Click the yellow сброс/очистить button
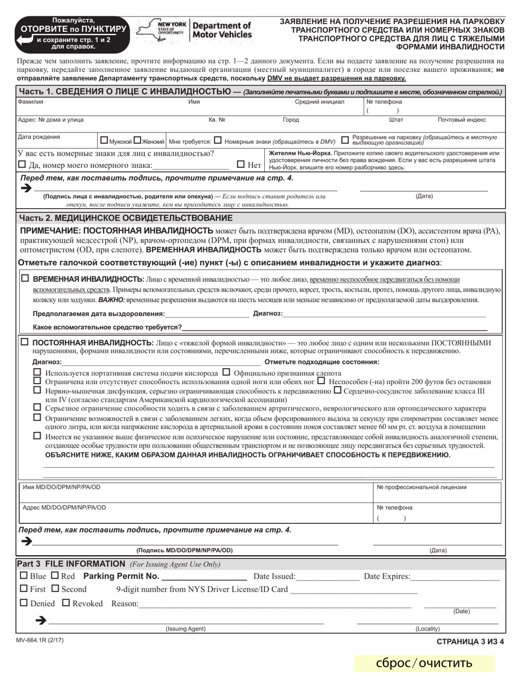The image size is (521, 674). [x=424, y=663]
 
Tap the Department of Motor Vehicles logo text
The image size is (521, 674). [x=222, y=30]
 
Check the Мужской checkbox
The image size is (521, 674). [x=104, y=140]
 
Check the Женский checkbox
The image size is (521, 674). [x=137, y=140]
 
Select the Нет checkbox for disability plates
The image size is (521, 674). [x=241, y=164]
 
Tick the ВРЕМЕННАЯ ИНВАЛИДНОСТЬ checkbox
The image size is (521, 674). [x=25, y=279]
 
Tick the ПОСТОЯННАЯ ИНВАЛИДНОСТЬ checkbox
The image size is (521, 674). [x=25, y=342]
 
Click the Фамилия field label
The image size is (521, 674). [x=31, y=102]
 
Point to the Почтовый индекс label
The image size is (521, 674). [x=461, y=119]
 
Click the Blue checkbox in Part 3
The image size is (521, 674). [x=23, y=576]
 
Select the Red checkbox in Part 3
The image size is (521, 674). [x=55, y=576]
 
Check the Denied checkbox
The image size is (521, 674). [x=23, y=603]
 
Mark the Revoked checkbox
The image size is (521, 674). [x=66, y=603]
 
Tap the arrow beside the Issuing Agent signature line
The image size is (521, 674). [x=40, y=620]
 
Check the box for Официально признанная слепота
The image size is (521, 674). [x=226, y=373]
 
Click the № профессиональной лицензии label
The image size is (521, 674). [x=421, y=487]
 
